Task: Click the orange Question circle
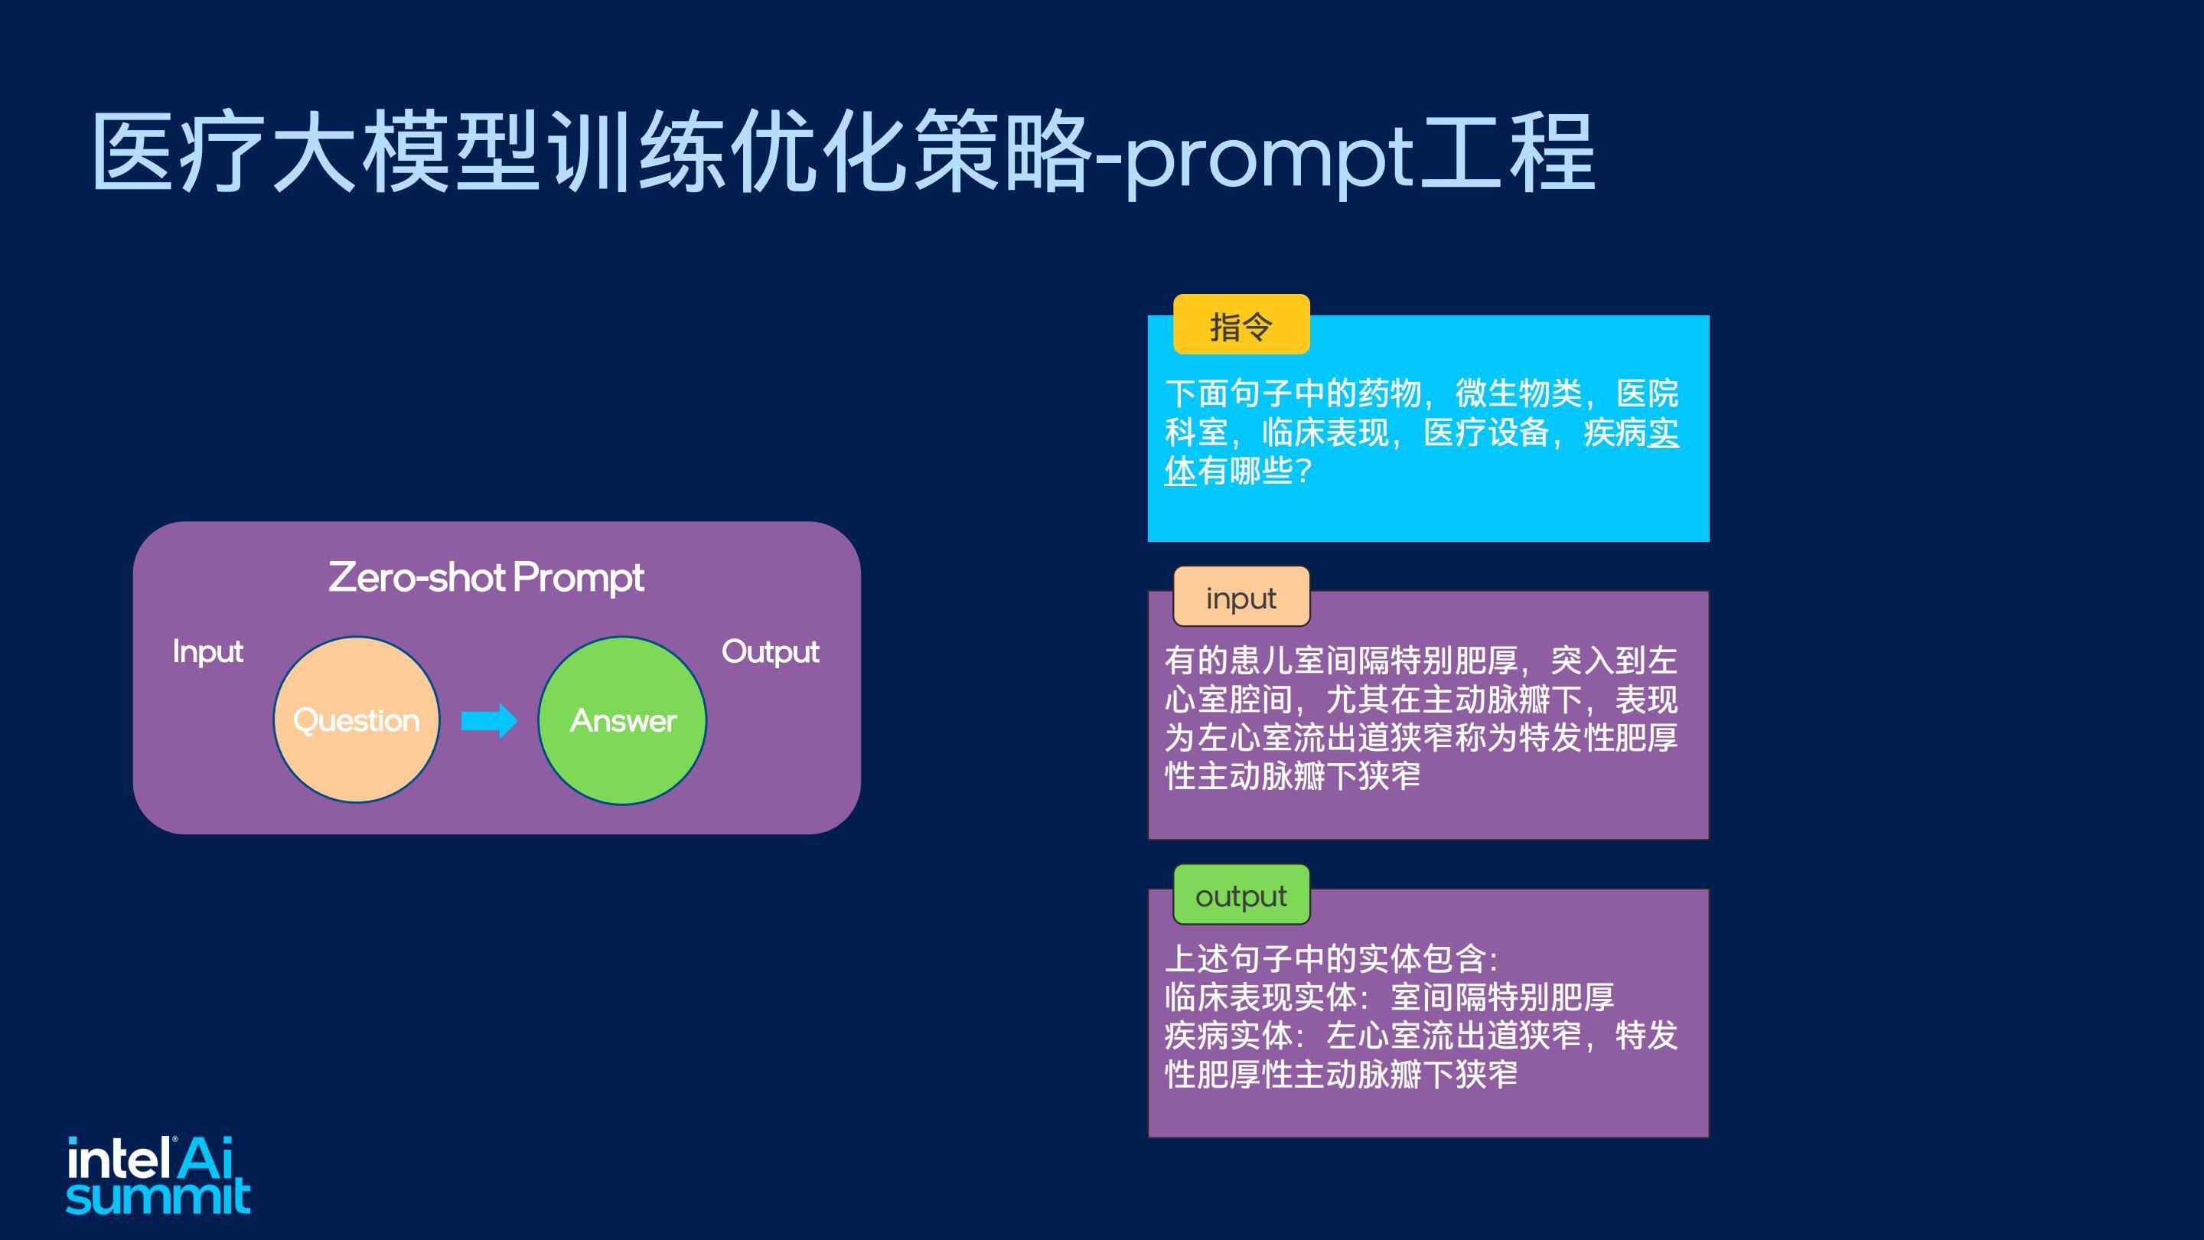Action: tap(356, 720)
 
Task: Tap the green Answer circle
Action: tap(622, 720)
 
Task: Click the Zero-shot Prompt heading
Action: tap(486, 577)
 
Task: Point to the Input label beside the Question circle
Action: tap(208, 652)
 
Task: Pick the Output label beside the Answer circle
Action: tap(770, 652)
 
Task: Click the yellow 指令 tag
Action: tap(1241, 325)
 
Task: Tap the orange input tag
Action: tap(1241, 596)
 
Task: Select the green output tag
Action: tap(1241, 895)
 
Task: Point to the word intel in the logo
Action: tap(118, 1160)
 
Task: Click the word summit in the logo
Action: tap(158, 1196)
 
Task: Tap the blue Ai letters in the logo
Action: tap(205, 1158)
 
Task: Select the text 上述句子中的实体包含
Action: tap(1325, 958)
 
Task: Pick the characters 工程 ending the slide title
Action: tap(1507, 152)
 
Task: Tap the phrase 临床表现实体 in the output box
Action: tap(1260, 997)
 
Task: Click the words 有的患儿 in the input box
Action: tap(1228, 661)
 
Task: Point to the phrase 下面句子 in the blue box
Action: tap(1228, 393)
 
